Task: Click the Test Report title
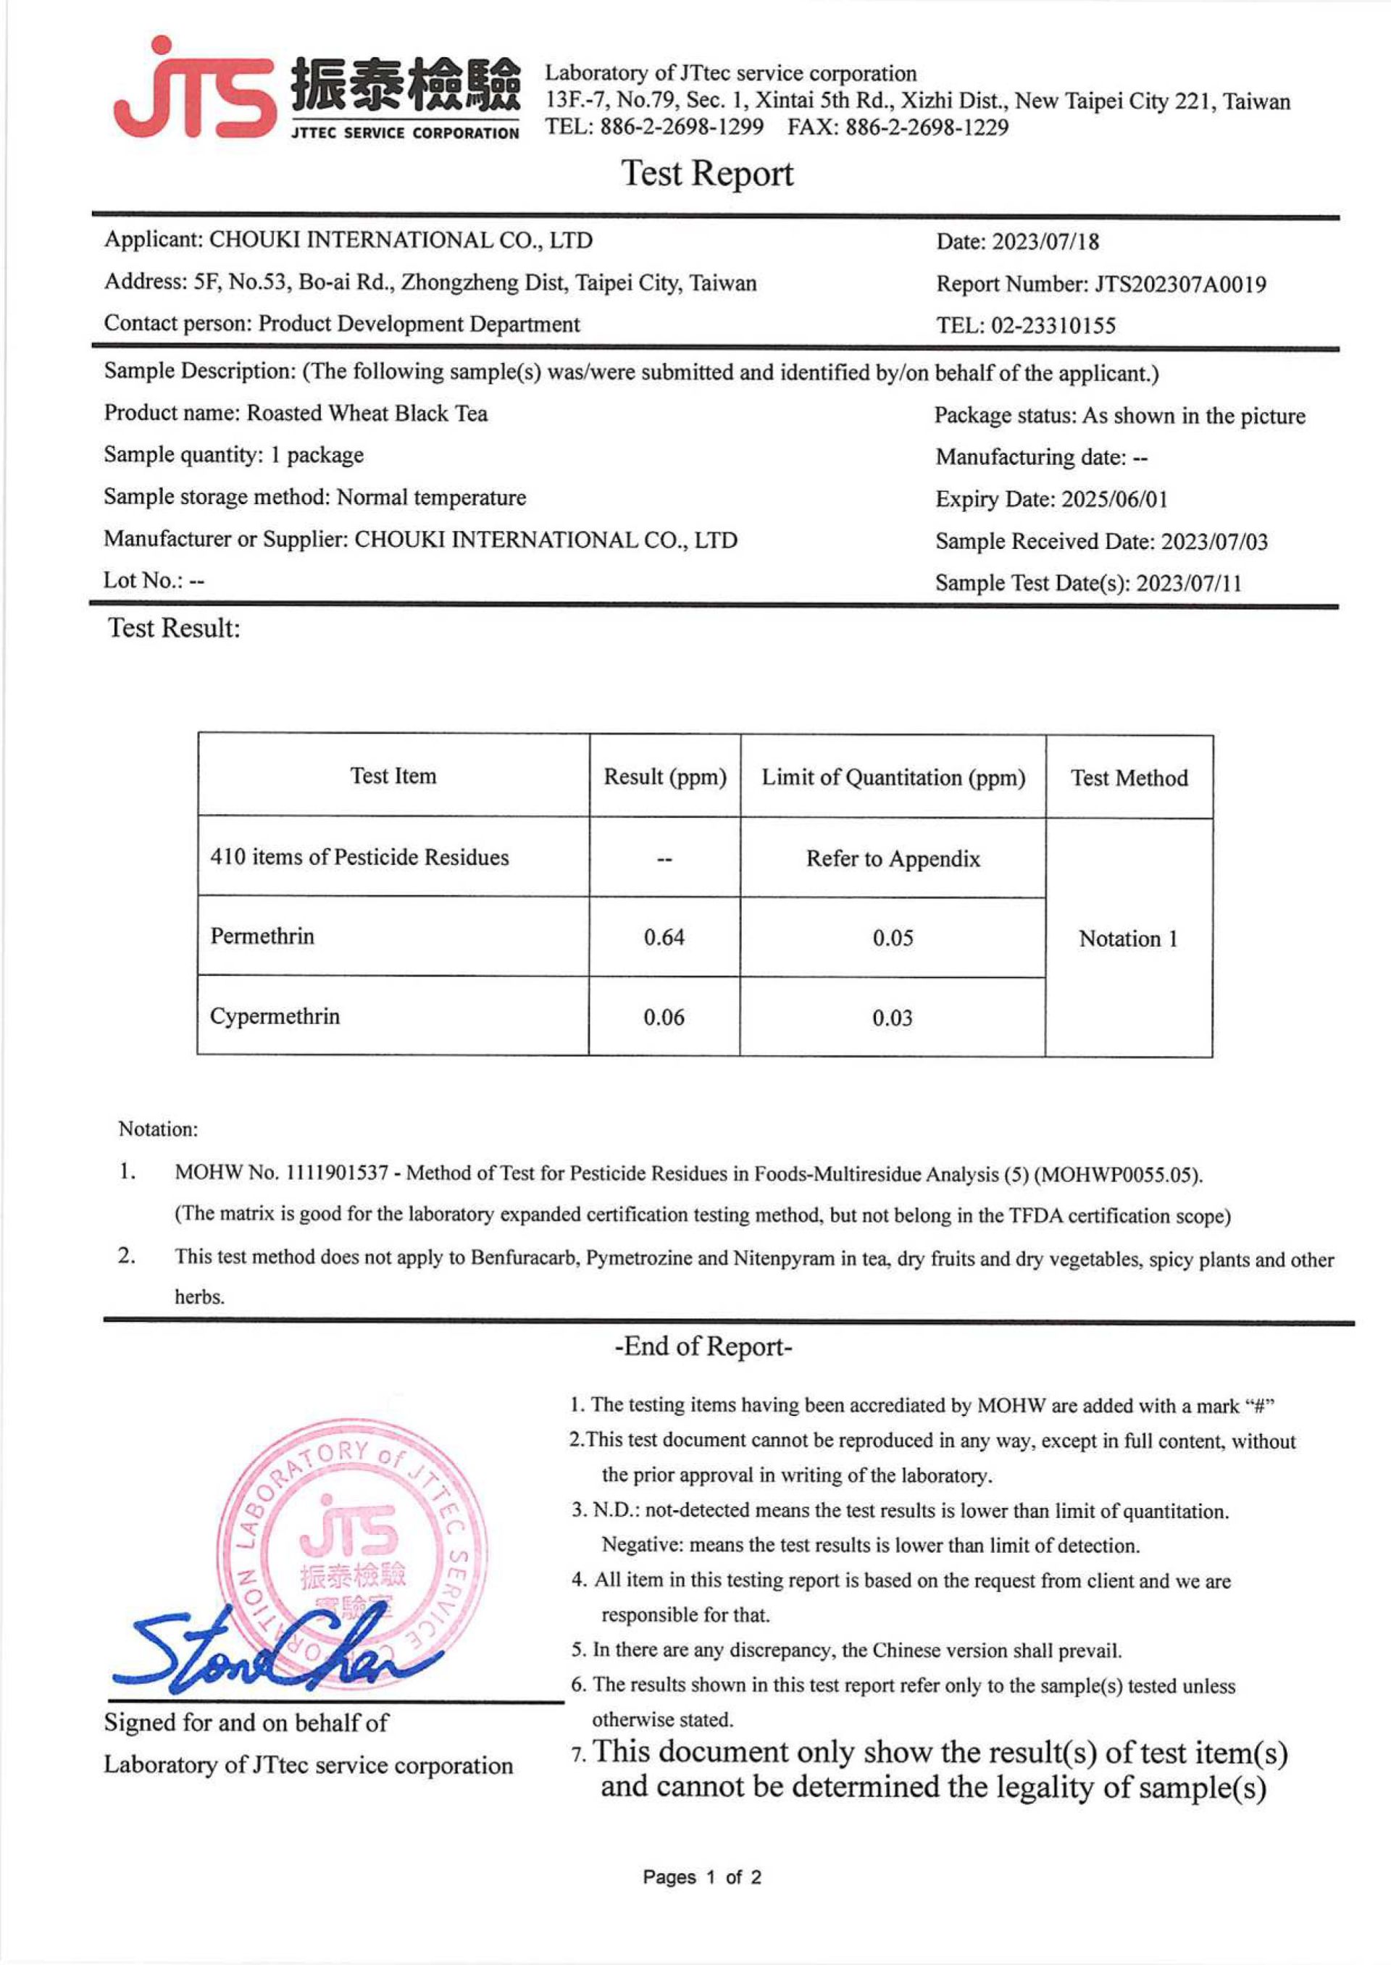coord(706,174)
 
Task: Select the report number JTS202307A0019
coord(1179,284)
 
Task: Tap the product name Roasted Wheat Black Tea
coord(367,414)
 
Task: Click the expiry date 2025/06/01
coord(1114,499)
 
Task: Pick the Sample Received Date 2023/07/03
coord(1214,541)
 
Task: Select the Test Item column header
coord(393,776)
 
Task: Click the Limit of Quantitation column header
coord(893,777)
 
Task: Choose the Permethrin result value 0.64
coord(664,937)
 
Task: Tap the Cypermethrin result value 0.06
coord(664,1017)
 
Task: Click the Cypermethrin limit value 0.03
coord(893,1018)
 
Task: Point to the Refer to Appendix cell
coord(893,859)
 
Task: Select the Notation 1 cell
coord(1128,939)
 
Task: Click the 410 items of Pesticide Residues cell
coord(360,857)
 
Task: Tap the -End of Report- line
coord(703,1346)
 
